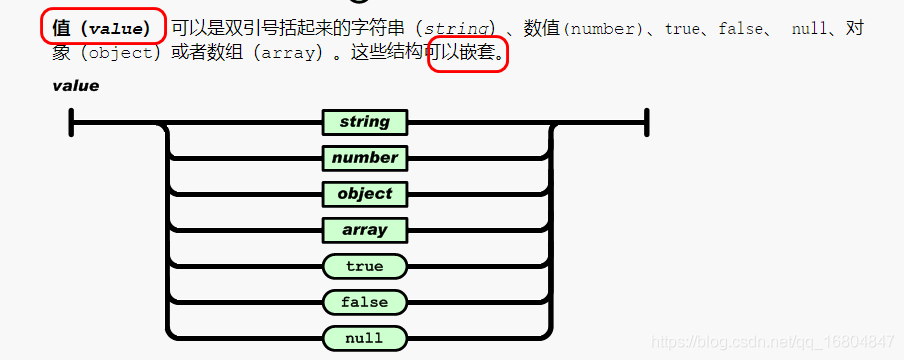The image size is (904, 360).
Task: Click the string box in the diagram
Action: point(364,122)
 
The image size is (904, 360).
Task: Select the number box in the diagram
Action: point(364,158)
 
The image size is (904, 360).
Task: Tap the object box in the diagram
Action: point(364,194)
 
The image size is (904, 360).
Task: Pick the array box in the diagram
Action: point(364,230)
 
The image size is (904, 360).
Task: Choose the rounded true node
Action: point(364,266)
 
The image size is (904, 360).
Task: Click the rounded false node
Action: point(364,302)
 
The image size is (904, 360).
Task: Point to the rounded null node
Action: point(364,338)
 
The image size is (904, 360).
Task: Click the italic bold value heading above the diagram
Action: point(76,86)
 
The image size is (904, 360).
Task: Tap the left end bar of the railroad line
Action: point(72,123)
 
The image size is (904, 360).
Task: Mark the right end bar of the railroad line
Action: point(648,123)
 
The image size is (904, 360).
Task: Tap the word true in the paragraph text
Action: point(682,29)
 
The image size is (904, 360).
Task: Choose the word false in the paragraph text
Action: point(741,29)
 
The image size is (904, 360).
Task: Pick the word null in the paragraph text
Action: point(809,29)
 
